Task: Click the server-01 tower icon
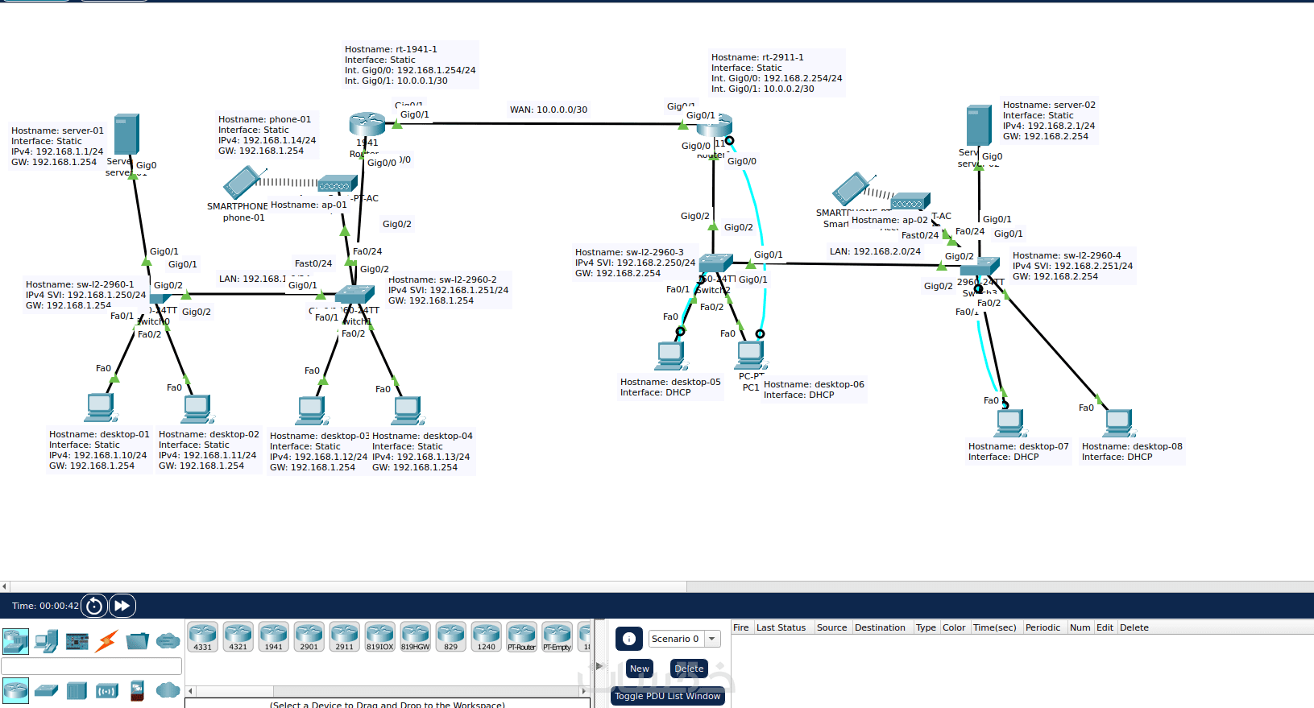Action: (x=126, y=134)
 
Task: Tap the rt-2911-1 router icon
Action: (x=715, y=125)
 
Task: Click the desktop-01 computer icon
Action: (x=100, y=408)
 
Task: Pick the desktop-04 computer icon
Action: (x=408, y=410)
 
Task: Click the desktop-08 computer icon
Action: (x=1118, y=422)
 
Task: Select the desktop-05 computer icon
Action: (x=670, y=355)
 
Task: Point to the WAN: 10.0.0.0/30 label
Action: (x=548, y=110)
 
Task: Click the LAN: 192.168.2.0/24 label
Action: (x=875, y=251)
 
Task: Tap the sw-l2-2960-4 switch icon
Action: (x=980, y=267)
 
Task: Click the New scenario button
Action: (x=639, y=669)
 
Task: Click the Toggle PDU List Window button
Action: (x=667, y=696)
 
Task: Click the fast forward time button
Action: (x=122, y=606)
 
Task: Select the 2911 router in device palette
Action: (x=344, y=636)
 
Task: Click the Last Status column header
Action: (x=781, y=627)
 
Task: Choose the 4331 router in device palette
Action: (x=202, y=636)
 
